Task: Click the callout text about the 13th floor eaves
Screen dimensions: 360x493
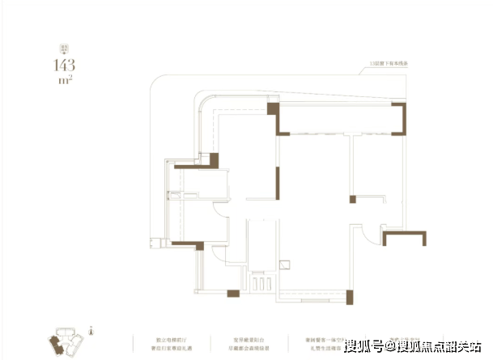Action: (x=396, y=63)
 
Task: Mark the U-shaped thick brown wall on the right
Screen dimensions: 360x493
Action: (x=404, y=236)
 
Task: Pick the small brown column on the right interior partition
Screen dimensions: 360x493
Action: (x=352, y=199)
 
